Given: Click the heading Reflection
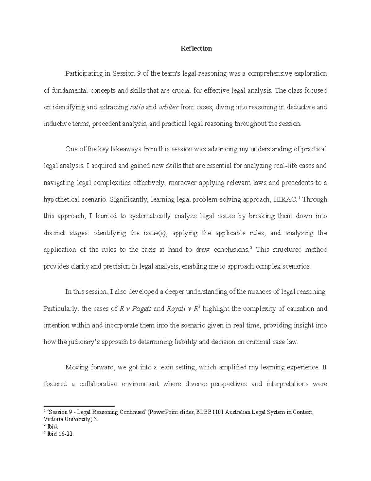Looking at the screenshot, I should [x=196, y=48].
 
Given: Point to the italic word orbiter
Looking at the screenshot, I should [x=168, y=107].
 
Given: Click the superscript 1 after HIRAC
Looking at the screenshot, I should [x=299, y=198].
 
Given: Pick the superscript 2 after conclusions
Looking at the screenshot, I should [x=251, y=248].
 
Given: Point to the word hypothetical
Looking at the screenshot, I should [x=62, y=199].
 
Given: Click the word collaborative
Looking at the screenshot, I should [x=98, y=384].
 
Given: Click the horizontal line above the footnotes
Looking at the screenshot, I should [x=79, y=406].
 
